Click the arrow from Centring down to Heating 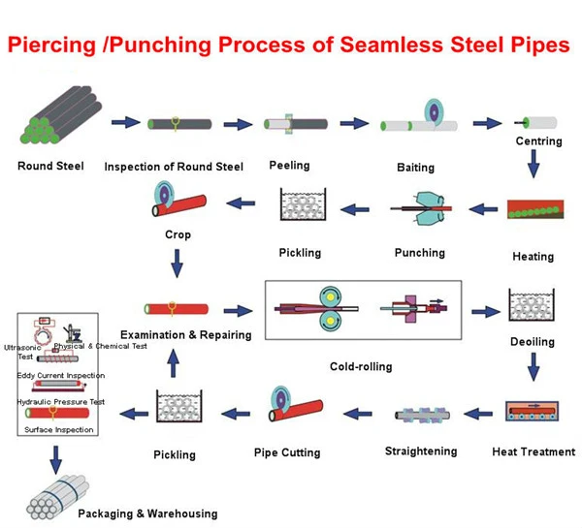[533, 170]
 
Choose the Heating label [533, 257]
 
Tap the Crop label [178, 234]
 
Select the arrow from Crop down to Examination [178, 263]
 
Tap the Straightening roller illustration [425, 415]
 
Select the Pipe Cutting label [287, 451]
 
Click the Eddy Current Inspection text [61, 375]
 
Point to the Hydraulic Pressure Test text [60, 401]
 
